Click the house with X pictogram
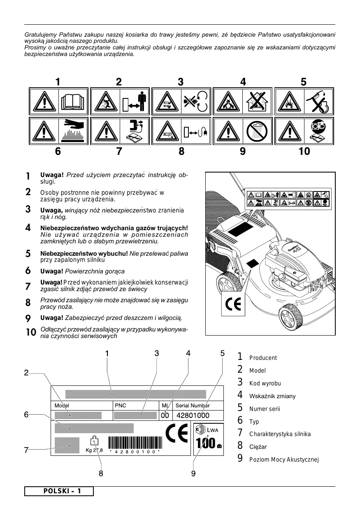258,101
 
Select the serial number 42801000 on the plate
193,415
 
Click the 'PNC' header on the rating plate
121,405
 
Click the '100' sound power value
206,443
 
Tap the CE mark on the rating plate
177,433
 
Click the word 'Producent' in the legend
263,358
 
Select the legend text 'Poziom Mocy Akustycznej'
284,460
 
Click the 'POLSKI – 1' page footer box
59,491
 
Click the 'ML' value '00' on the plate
165,415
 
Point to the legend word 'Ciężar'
258,447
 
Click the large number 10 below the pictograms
304,152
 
